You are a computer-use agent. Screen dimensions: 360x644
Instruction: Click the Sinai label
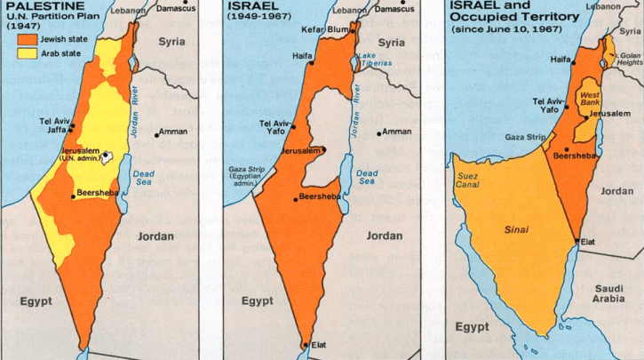coord(517,230)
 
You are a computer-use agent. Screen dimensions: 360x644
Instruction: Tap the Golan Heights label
coord(626,59)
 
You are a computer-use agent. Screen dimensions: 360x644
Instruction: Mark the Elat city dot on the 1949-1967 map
coord(305,344)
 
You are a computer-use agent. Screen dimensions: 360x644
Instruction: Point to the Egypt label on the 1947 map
coord(36,300)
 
